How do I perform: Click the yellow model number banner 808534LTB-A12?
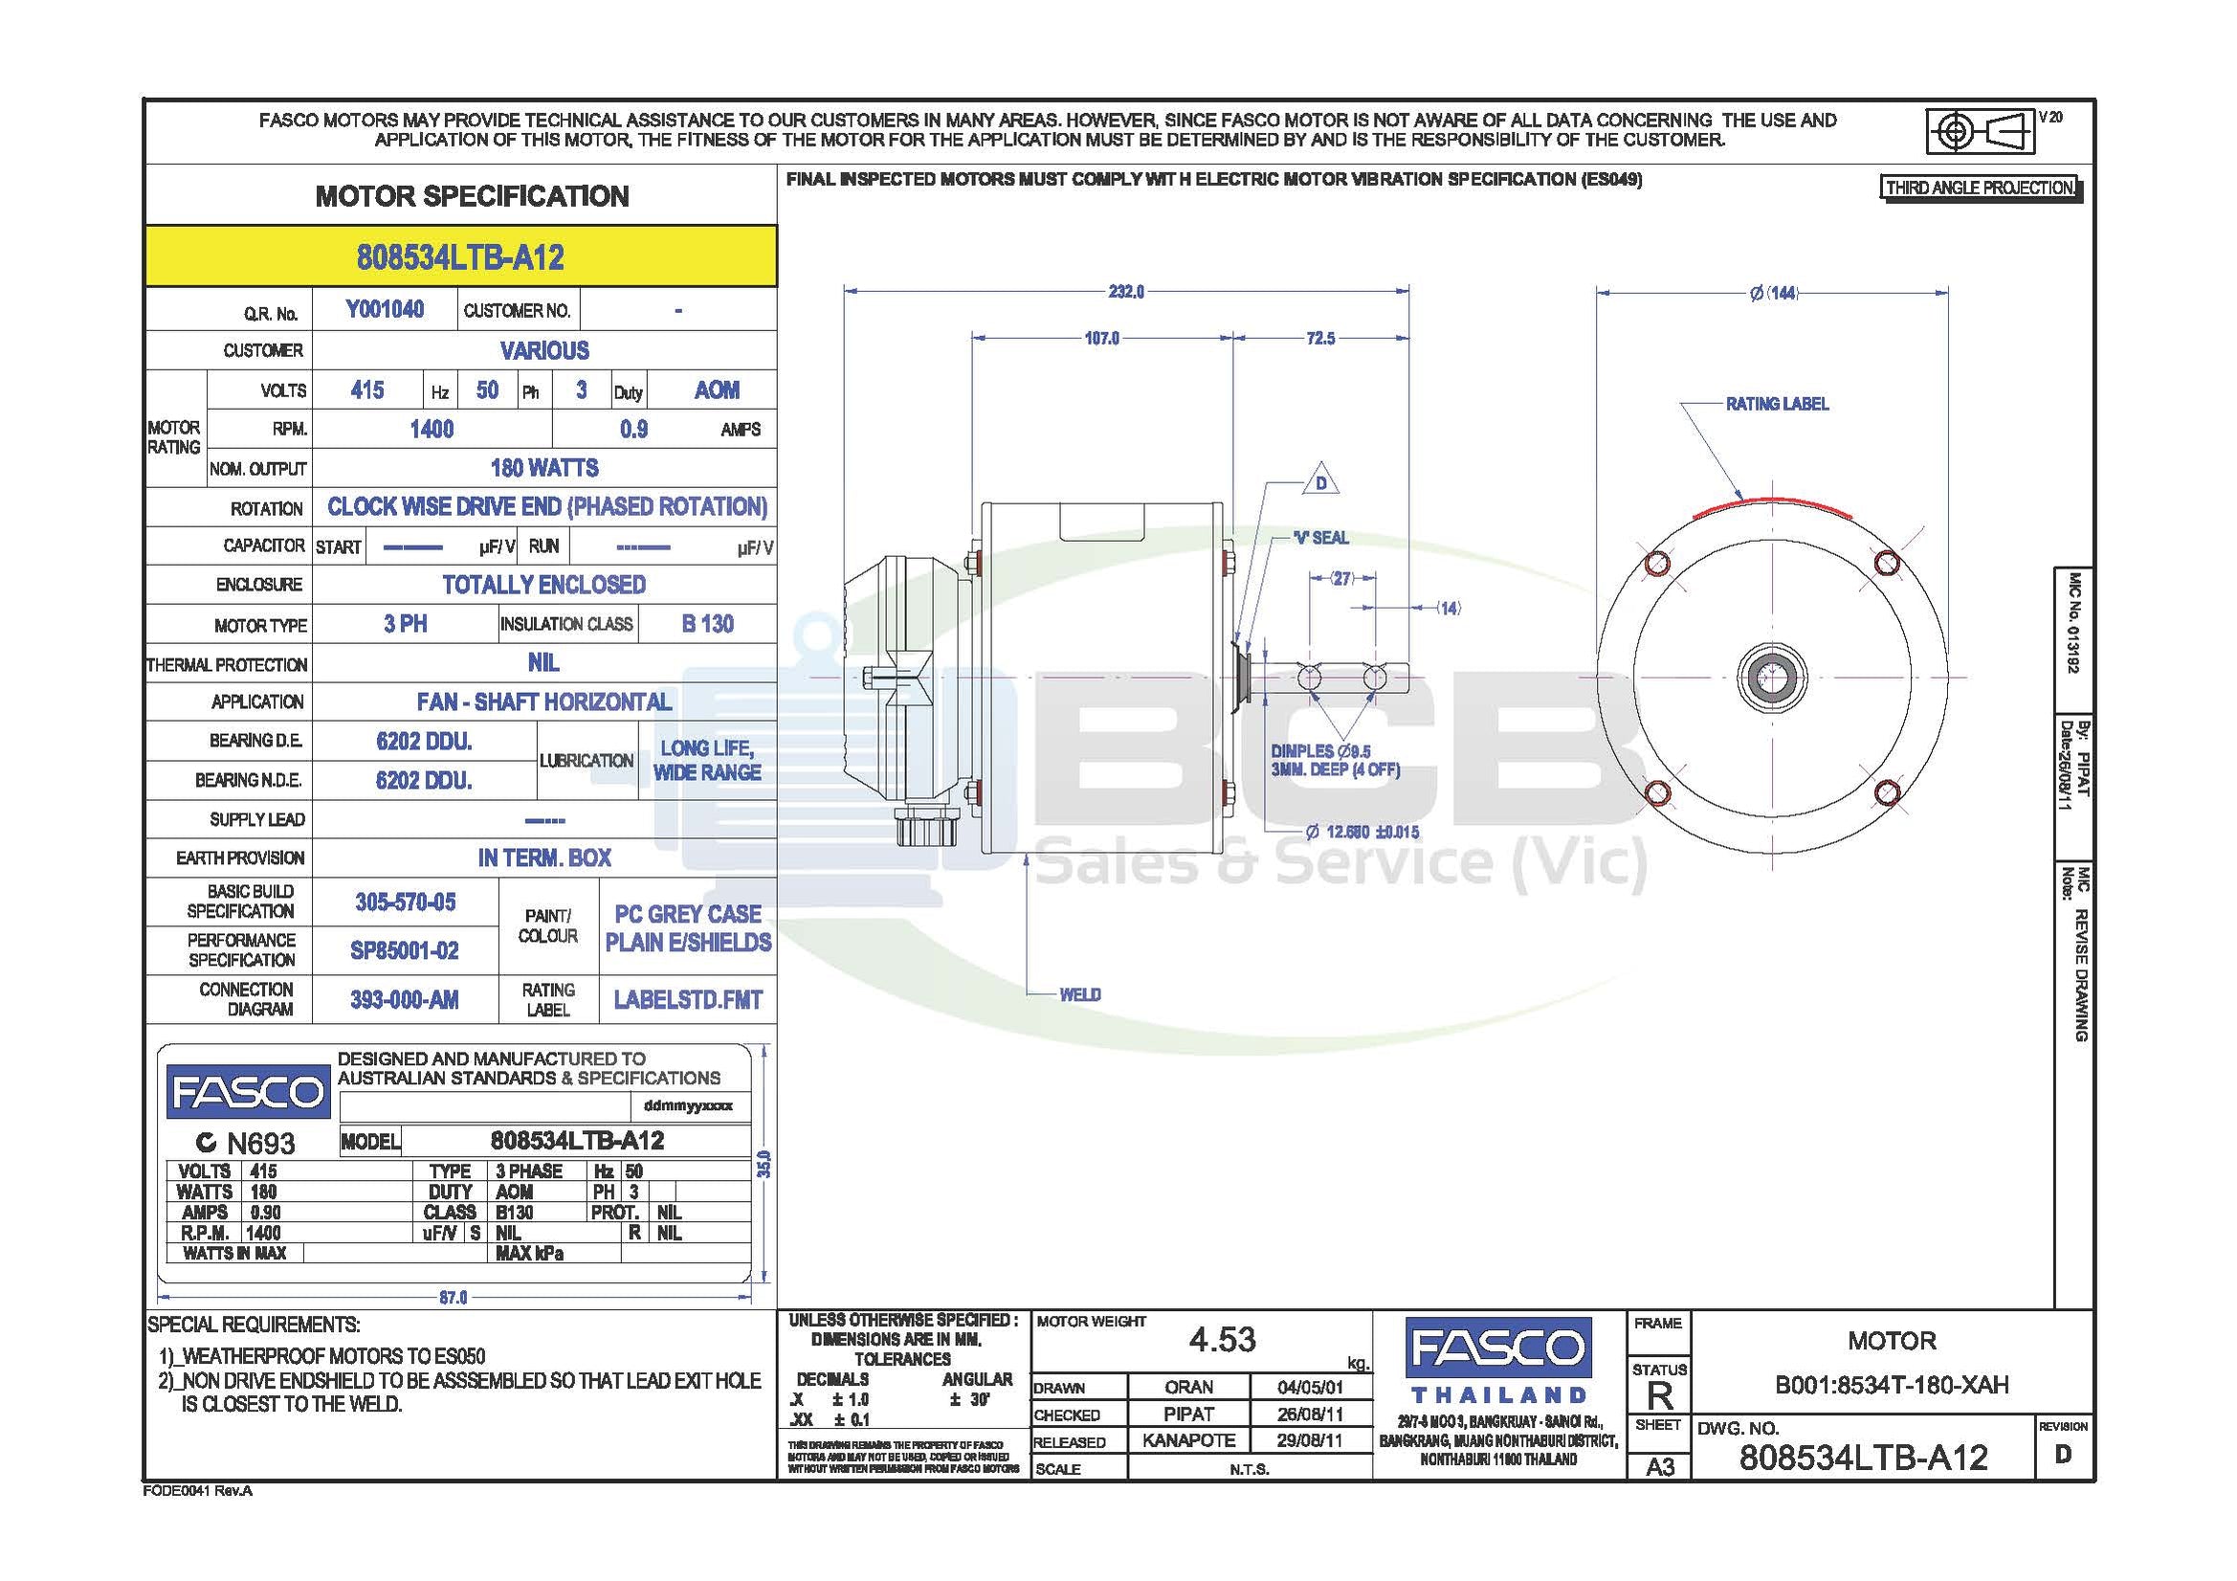pos(461,256)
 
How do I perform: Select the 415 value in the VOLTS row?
pos(366,390)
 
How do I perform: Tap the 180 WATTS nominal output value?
pos(543,468)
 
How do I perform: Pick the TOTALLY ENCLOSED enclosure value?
pos(543,585)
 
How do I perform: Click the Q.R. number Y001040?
pos(385,310)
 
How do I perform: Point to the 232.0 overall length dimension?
pos(1126,292)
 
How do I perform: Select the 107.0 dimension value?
pos(1102,338)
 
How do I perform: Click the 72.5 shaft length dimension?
pos(1320,338)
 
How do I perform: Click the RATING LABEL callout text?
pos(1777,404)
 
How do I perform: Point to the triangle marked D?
pos(1321,481)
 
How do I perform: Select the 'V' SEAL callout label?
pos(1321,538)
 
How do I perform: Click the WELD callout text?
pos(1079,994)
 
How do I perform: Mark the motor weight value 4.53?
pos(1222,1340)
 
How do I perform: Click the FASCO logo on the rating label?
pos(249,1092)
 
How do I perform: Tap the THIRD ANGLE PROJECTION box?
pos(1980,189)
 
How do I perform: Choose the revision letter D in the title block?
pos(2063,1455)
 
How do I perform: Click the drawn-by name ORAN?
pos(1188,1387)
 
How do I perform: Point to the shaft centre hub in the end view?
pos(1772,678)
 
